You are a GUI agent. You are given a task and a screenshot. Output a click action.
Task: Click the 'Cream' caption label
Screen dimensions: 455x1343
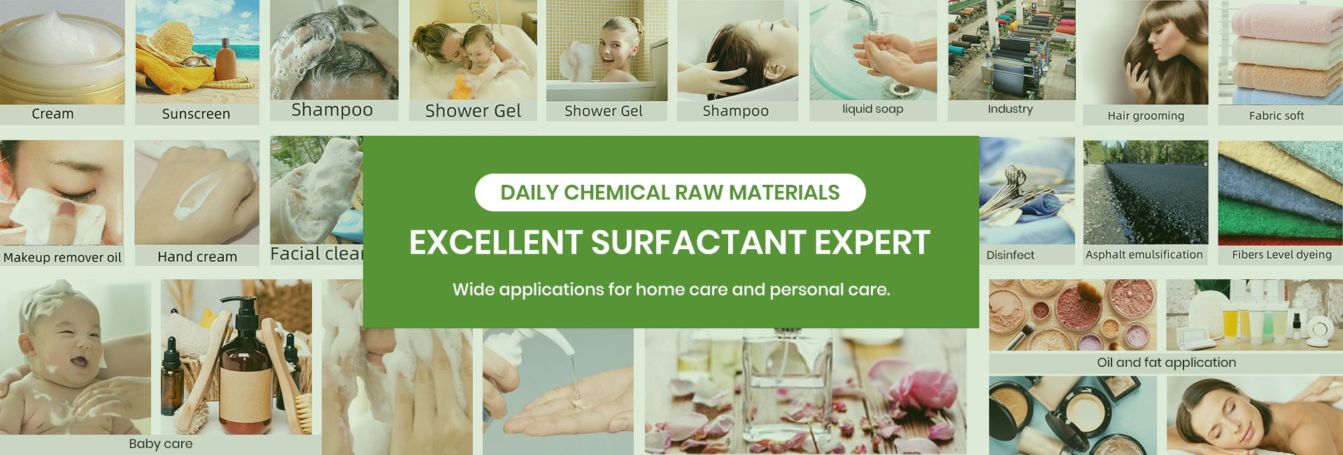52,114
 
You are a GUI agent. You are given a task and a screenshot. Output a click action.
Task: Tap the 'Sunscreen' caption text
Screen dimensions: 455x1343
196,114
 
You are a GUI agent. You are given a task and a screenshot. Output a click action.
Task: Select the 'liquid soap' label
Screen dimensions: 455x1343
872,109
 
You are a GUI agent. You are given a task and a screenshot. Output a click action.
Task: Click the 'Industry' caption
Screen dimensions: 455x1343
1010,109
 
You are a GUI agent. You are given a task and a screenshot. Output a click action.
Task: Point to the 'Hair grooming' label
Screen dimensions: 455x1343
1146,116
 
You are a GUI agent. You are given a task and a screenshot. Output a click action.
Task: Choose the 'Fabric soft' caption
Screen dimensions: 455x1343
1277,116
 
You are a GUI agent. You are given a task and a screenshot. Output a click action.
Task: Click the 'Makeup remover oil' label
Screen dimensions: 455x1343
62,258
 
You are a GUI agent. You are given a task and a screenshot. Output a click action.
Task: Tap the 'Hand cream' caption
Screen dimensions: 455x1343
197,257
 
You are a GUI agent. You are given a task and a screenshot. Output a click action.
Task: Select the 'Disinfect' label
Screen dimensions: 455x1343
1010,255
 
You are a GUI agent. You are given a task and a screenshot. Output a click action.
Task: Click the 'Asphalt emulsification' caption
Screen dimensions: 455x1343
1144,255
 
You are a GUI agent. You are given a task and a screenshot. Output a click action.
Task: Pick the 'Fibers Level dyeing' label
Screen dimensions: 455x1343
1281,255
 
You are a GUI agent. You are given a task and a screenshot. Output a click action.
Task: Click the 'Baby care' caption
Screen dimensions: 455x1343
160,444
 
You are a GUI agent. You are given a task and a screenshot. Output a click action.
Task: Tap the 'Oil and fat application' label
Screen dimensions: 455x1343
1166,363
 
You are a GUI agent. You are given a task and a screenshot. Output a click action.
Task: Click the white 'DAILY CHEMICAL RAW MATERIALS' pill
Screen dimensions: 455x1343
670,192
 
